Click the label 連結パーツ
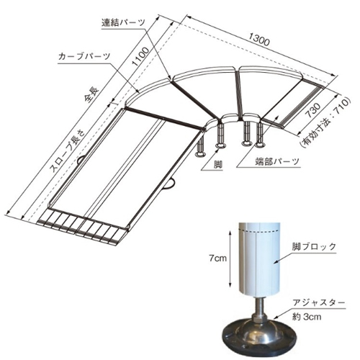click(x=123, y=22)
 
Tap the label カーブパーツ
click(x=84, y=56)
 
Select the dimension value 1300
click(x=259, y=39)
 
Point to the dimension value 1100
click(x=140, y=57)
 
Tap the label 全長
click(x=91, y=94)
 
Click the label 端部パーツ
click(x=277, y=161)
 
